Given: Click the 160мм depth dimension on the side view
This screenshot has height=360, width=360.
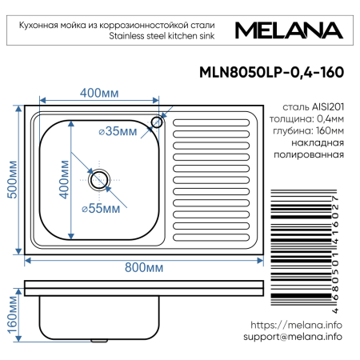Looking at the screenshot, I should (x=11, y=317).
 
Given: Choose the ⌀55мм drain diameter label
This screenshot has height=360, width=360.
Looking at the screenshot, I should (x=101, y=209).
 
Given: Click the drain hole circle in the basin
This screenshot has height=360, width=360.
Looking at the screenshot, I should (x=99, y=179).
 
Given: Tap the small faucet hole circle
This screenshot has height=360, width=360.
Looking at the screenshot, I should (x=158, y=122).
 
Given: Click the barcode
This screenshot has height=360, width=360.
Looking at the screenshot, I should (x=303, y=254).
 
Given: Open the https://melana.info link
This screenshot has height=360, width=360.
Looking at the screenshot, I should (x=296, y=326).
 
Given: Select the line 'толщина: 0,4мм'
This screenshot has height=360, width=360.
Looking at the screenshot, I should (x=307, y=118).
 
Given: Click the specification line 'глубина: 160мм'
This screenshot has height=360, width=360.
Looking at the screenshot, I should (x=308, y=130).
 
